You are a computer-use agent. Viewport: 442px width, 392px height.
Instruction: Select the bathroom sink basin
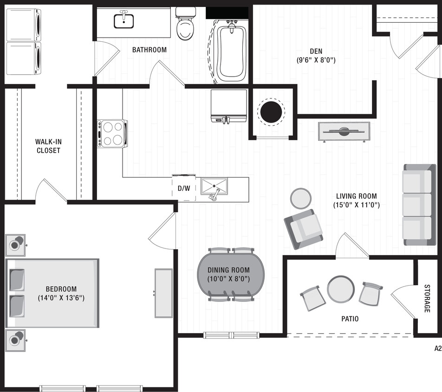(x=124, y=21)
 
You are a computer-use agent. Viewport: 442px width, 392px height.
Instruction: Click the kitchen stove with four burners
(x=112, y=133)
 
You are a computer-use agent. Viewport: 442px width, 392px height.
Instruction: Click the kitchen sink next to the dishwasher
(x=214, y=187)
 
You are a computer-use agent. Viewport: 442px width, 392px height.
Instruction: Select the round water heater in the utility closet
(x=271, y=111)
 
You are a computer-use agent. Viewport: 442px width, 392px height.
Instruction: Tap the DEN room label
(x=316, y=51)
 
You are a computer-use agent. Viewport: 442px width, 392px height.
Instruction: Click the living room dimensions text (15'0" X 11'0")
(x=357, y=204)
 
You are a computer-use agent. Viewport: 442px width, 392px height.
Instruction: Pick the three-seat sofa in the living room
(x=419, y=204)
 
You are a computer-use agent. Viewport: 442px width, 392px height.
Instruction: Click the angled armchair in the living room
(x=304, y=229)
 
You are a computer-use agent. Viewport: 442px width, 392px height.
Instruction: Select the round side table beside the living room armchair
(x=301, y=199)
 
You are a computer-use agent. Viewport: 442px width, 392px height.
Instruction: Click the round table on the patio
(x=341, y=289)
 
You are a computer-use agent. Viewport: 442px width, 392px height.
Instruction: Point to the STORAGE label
(x=427, y=298)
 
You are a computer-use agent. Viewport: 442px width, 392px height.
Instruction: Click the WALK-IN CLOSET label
(x=48, y=146)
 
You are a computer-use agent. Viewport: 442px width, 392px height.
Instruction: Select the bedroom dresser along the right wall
(x=163, y=293)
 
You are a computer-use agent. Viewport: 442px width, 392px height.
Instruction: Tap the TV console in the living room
(x=344, y=131)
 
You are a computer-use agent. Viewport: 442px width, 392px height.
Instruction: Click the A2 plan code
(x=437, y=348)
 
